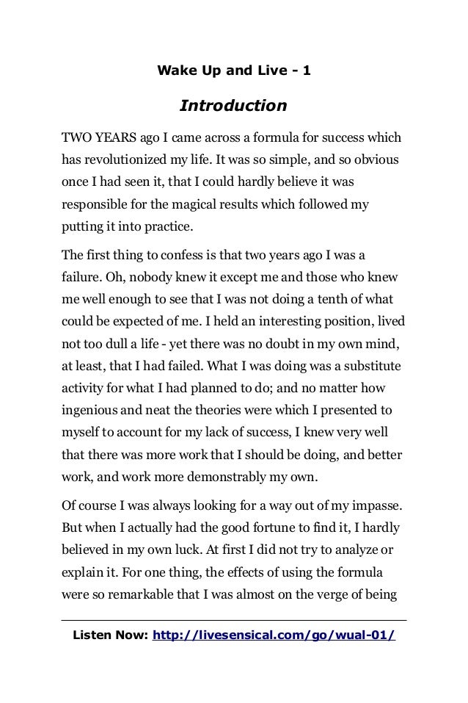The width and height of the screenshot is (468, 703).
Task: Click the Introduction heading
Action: click(x=233, y=107)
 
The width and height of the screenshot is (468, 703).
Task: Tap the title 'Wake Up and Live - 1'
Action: click(x=233, y=72)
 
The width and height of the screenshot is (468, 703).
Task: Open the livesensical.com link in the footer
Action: click(x=273, y=634)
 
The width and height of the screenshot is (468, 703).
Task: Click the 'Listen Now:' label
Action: click(x=109, y=634)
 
